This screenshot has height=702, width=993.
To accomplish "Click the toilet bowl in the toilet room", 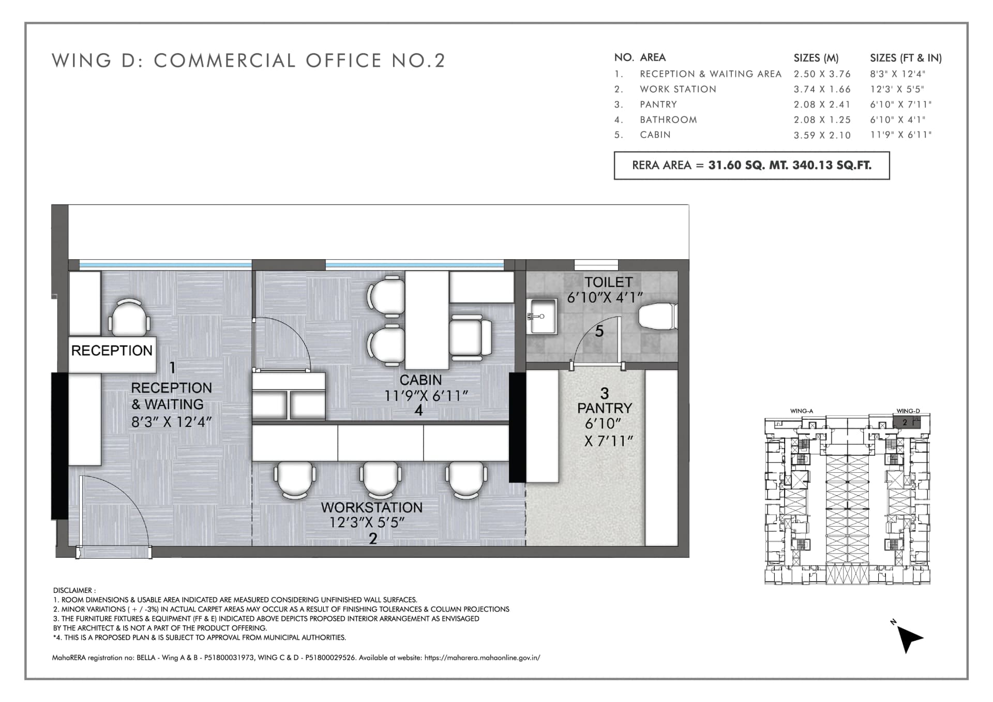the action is click(x=657, y=317).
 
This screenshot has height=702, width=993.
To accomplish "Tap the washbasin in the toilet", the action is click(x=541, y=316).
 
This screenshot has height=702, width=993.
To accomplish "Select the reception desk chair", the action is click(x=129, y=317).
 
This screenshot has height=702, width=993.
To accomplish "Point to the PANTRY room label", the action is click(x=605, y=408).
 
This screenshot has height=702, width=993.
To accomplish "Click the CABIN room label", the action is click(x=420, y=380).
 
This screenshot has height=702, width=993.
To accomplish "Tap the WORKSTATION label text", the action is click(x=372, y=507).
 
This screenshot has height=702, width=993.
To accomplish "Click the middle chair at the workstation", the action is click(x=382, y=479).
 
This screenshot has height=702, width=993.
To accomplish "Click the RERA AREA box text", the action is click(x=751, y=166).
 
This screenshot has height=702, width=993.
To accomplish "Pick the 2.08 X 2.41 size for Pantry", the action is click(x=822, y=104).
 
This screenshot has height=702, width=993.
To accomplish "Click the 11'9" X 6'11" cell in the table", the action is click(x=900, y=135).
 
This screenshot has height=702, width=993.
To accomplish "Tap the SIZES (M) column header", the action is click(x=816, y=58).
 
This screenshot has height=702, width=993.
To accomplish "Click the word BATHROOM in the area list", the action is click(x=668, y=120).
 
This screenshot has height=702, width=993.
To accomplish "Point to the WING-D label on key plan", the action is click(x=908, y=411).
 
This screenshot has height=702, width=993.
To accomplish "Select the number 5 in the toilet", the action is click(x=599, y=331).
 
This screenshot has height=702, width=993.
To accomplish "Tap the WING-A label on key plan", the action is click(x=802, y=411).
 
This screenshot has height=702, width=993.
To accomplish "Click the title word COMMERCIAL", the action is click(x=224, y=61).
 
